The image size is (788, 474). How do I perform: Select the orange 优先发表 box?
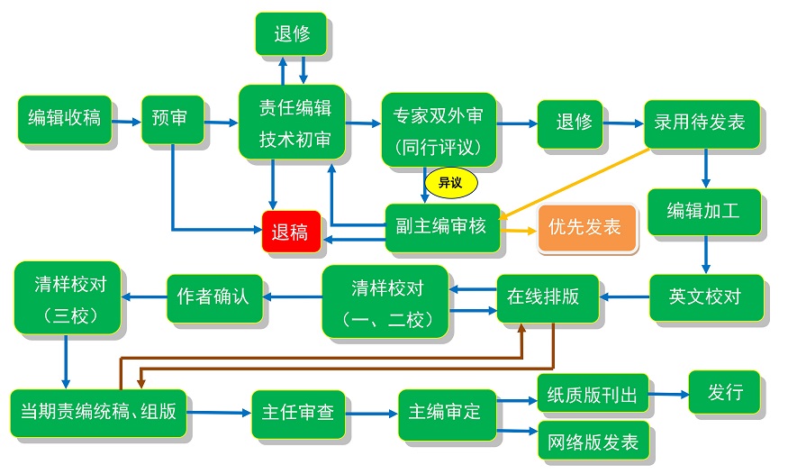(586, 227)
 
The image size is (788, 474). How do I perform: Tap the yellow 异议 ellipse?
(449, 182)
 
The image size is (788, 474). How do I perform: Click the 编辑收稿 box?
(64, 118)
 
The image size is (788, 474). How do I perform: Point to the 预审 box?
(171, 118)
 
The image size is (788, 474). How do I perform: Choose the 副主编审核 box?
(440, 226)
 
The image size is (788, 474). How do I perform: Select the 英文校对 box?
(705, 296)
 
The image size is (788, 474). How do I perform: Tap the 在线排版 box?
(548, 297)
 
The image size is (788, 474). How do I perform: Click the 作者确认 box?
(213, 296)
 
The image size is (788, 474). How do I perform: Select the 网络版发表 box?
(592, 442)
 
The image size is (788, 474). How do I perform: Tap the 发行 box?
(724, 393)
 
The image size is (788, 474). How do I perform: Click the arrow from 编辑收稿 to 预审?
(127, 120)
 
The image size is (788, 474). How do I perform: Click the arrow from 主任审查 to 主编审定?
(370, 413)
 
